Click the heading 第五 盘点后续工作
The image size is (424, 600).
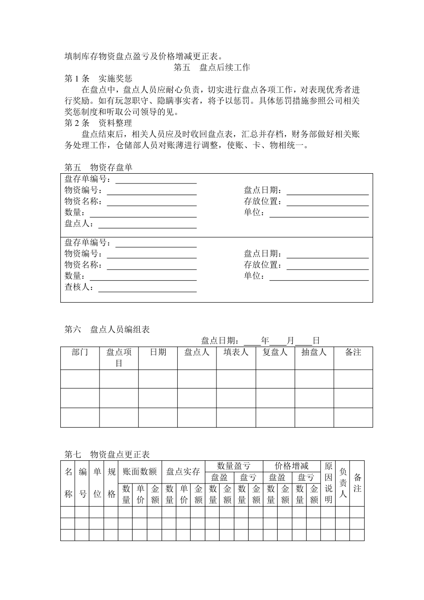pos(212,67)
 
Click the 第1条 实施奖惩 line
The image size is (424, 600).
pos(98,79)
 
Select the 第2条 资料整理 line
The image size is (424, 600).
pos(98,123)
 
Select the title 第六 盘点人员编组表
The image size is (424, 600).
pos(107,329)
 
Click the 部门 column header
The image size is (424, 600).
pos(80,353)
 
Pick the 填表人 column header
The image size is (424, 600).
pos(236,353)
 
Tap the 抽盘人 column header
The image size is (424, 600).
pos(314,353)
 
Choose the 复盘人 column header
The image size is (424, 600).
pos(275,353)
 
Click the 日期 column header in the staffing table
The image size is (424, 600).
pos(158,353)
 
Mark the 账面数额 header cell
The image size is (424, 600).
pos(140,472)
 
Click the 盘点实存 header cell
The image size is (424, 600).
pos(183,472)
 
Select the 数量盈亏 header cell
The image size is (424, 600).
pos(234,467)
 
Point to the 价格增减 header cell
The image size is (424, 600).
pos(291,467)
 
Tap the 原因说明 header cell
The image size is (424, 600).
pos(328,483)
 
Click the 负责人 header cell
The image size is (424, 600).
pos(342,483)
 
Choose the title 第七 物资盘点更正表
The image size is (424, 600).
pos(107,454)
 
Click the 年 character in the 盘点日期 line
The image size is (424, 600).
pos(265,341)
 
